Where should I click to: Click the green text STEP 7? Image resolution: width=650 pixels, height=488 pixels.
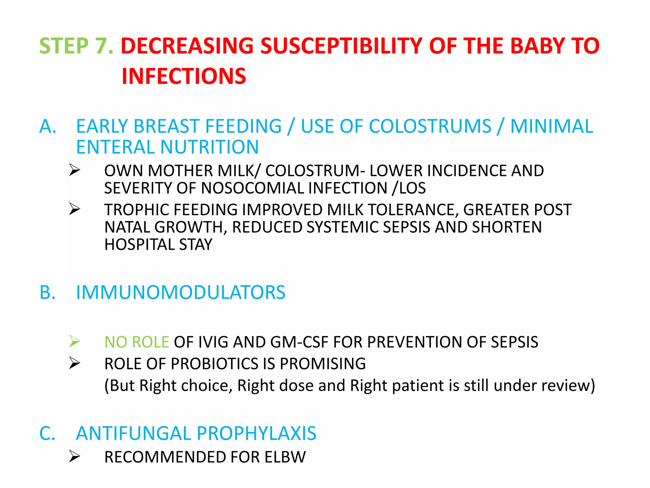(x=76, y=46)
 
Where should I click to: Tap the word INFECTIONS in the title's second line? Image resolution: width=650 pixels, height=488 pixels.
(x=184, y=77)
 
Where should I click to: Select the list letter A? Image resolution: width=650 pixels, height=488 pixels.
(x=48, y=126)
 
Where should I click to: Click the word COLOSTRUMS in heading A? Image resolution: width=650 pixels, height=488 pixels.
(x=396, y=126)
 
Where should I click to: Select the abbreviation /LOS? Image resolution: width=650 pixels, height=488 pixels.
(x=409, y=188)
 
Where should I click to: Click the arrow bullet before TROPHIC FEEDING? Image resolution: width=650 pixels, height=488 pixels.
(x=75, y=209)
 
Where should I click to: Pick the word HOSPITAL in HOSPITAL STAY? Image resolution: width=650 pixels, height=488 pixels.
(x=139, y=245)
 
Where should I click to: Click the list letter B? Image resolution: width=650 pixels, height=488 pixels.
(x=48, y=293)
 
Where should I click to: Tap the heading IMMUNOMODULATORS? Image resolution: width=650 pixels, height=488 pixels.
(x=181, y=293)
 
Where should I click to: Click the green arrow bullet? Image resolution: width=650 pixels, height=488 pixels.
(x=75, y=342)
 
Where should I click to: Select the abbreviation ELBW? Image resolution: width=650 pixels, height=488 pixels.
(x=285, y=457)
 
